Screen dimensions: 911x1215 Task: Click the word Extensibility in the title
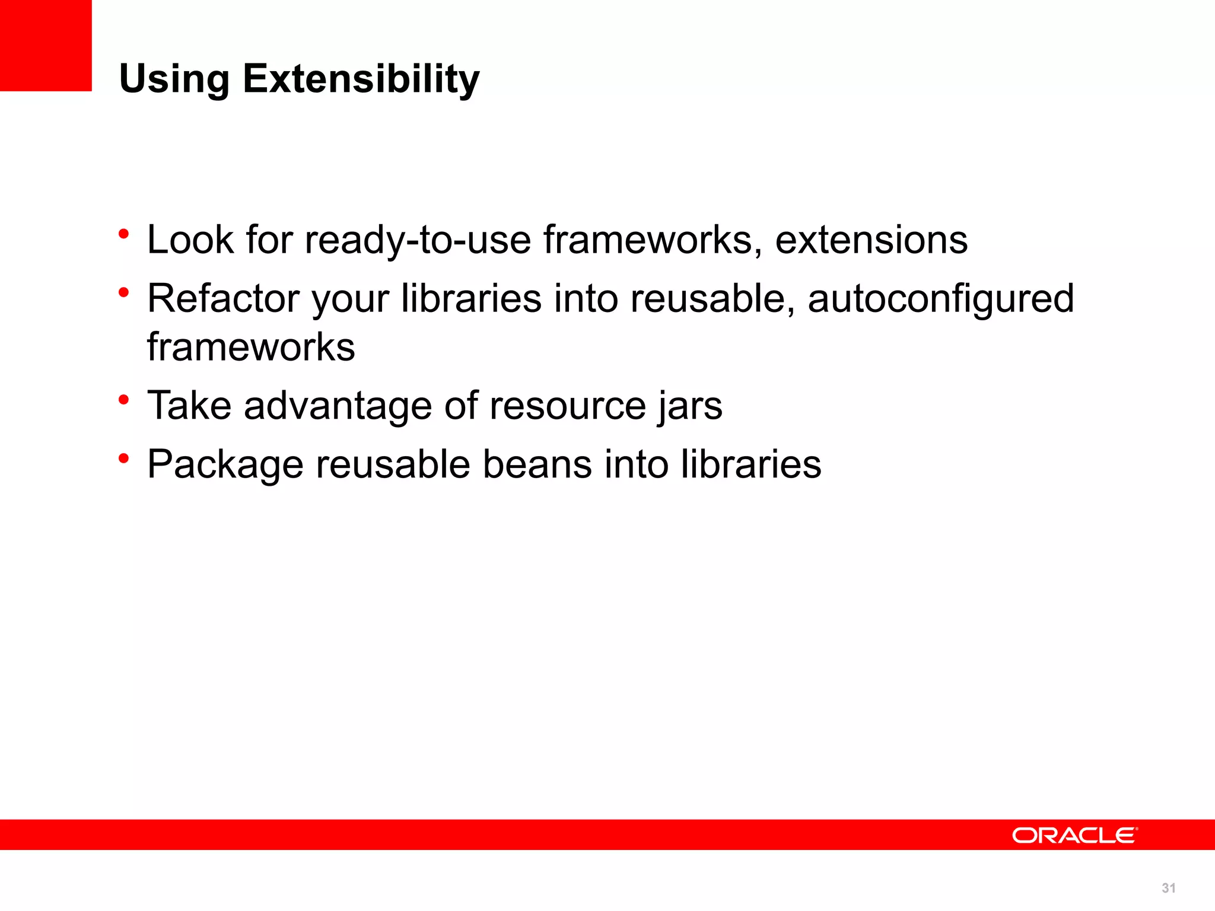[x=361, y=79]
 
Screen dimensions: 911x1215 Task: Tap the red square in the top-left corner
[x=46, y=45]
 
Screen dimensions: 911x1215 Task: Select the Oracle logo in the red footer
[x=1074, y=835]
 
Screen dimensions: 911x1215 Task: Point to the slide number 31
[x=1168, y=888]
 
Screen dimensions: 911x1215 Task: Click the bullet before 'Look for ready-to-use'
[x=123, y=234]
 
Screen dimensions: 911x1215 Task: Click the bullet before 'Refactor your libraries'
[x=123, y=292]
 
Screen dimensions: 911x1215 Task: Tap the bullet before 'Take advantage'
[x=123, y=399]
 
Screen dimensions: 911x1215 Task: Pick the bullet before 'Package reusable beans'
[x=123, y=458]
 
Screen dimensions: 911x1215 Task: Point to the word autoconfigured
[x=940, y=299]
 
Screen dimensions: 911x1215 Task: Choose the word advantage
[x=338, y=406]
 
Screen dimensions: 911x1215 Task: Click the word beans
[x=537, y=464]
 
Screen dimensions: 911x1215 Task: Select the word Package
[x=225, y=465]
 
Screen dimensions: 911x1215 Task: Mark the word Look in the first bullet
[x=190, y=240]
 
